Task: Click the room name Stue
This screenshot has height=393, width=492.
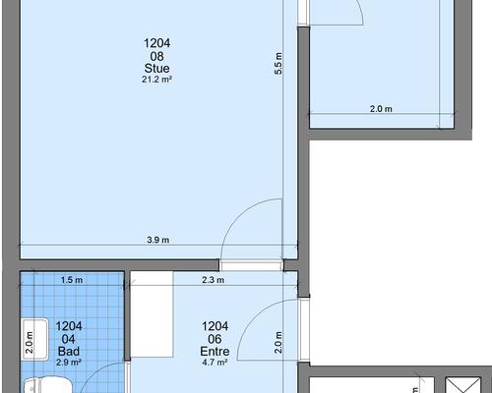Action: click(x=157, y=69)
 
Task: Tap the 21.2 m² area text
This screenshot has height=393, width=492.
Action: click(x=157, y=80)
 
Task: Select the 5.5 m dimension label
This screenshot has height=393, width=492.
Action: click(x=278, y=64)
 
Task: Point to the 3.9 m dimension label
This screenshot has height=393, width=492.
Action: click(x=158, y=240)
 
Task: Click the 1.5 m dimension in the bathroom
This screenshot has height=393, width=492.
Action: click(x=72, y=280)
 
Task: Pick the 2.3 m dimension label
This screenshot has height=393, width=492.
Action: click(x=214, y=280)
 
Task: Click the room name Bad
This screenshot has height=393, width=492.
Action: click(x=69, y=352)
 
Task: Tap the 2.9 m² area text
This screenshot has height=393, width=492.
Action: click(x=69, y=363)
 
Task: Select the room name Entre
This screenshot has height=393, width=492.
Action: click(x=215, y=352)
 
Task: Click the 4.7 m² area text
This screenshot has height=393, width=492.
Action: click(x=215, y=363)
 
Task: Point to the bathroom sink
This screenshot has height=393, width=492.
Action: click(x=35, y=340)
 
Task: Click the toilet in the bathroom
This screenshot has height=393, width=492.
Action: click(x=48, y=385)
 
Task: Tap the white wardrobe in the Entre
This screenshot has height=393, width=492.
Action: click(x=152, y=314)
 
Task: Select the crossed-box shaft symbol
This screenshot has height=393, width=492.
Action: click(x=463, y=385)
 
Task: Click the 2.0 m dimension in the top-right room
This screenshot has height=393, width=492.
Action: click(x=381, y=109)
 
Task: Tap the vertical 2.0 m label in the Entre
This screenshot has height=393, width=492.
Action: click(x=278, y=342)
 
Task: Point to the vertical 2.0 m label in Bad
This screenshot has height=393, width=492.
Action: click(x=30, y=342)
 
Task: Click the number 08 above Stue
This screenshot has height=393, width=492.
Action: click(x=157, y=56)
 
